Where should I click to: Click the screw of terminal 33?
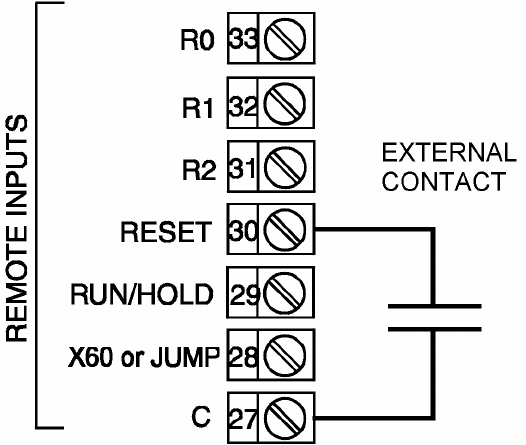pyautogui.click(x=285, y=39)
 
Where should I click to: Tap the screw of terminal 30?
pyautogui.click(x=285, y=229)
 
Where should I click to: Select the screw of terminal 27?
pyautogui.click(x=285, y=418)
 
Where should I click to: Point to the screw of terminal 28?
pyautogui.click(x=285, y=355)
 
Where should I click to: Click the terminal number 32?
pyautogui.click(x=243, y=106)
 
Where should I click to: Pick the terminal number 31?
pyautogui.click(x=242, y=169)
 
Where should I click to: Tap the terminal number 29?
pyautogui.click(x=245, y=295)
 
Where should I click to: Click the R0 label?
pyautogui.click(x=197, y=40)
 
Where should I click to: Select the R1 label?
pyautogui.click(x=197, y=108)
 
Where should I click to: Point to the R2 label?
pyautogui.click(x=199, y=169)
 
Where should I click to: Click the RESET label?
pyautogui.click(x=166, y=232)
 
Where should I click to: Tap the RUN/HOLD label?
pyautogui.click(x=142, y=294)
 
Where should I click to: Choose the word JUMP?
pyautogui.click(x=185, y=356)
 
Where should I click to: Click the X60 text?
pyautogui.click(x=90, y=356)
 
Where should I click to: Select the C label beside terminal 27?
pyautogui.click(x=201, y=416)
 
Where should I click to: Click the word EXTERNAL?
pyautogui.click(x=449, y=153)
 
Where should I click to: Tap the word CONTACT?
pyautogui.click(x=444, y=181)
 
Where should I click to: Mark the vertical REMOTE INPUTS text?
pyautogui.click(x=17, y=228)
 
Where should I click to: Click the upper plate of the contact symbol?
pyautogui.click(x=435, y=306)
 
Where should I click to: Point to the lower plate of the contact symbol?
pyautogui.click(x=435, y=329)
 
